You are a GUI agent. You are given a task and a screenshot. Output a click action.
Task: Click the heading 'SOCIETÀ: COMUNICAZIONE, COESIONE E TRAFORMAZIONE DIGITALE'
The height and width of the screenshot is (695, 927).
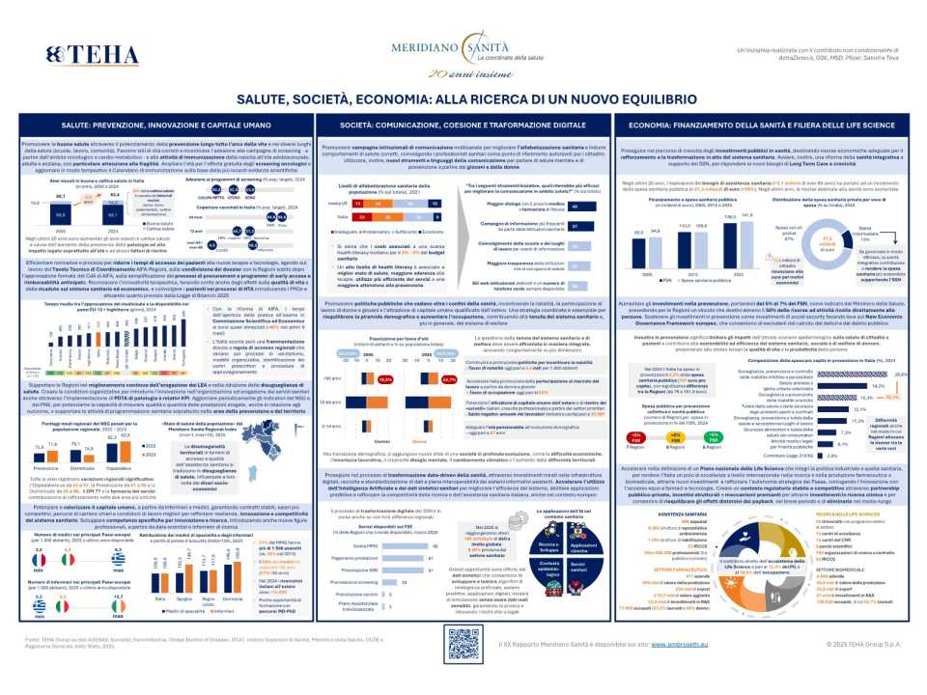[463, 126]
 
